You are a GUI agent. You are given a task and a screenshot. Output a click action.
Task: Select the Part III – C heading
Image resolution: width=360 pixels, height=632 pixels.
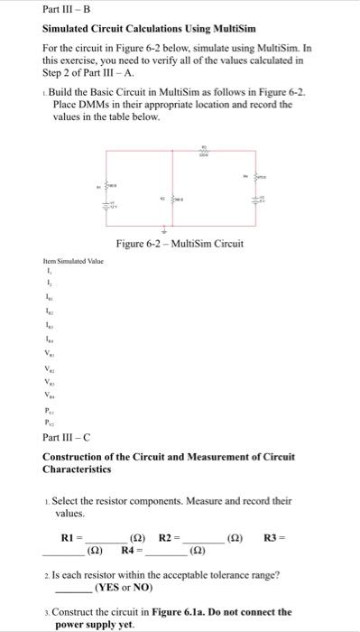coord(67,437)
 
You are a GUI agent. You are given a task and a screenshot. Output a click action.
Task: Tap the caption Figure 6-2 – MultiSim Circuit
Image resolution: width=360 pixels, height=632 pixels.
coord(180,244)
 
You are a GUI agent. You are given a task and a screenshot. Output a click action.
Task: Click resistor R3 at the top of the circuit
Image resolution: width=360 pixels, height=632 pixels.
coord(204,154)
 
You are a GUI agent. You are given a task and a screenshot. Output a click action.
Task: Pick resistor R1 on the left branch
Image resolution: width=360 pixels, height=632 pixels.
coord(113,187)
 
